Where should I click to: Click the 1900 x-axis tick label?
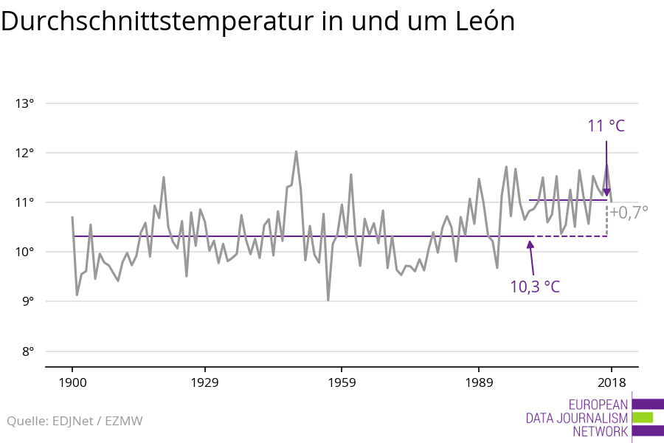coord(72,382)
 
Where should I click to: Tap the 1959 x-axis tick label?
coord(342,382)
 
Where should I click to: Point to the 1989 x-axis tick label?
coord(479,382)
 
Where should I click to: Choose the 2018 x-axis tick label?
coord(611,382)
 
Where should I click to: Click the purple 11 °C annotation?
coord(606,126)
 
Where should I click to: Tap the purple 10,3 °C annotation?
coord(535,286)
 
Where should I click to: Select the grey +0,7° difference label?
coord(629,213)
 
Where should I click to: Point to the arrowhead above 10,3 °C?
coord(530,245)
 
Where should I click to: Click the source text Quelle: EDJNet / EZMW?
coord(75,422)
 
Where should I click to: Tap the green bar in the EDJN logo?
coord(643,417)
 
